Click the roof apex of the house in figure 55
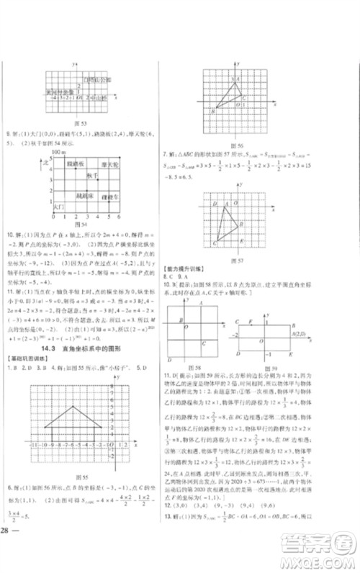coord(75,407)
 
